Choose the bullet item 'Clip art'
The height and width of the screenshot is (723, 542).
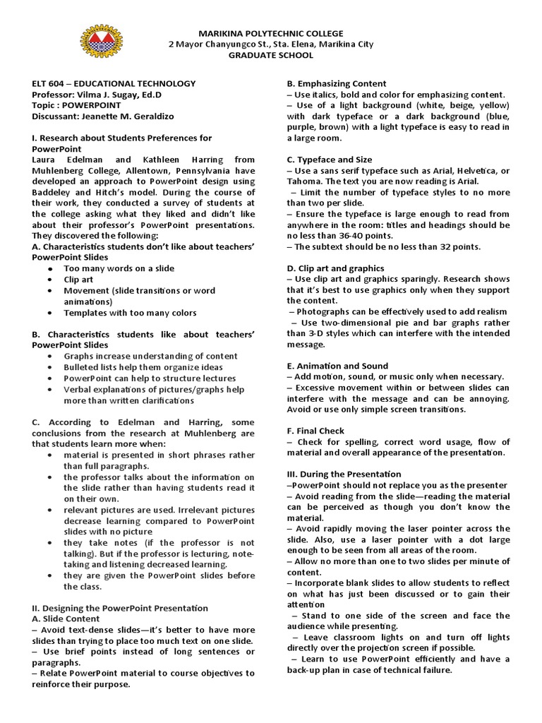click(78, 279)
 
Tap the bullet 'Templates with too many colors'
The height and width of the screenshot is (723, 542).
click(130, 312)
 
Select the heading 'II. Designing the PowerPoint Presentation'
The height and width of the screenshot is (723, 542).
click(120, 607)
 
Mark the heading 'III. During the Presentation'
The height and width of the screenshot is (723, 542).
click(344, 474)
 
